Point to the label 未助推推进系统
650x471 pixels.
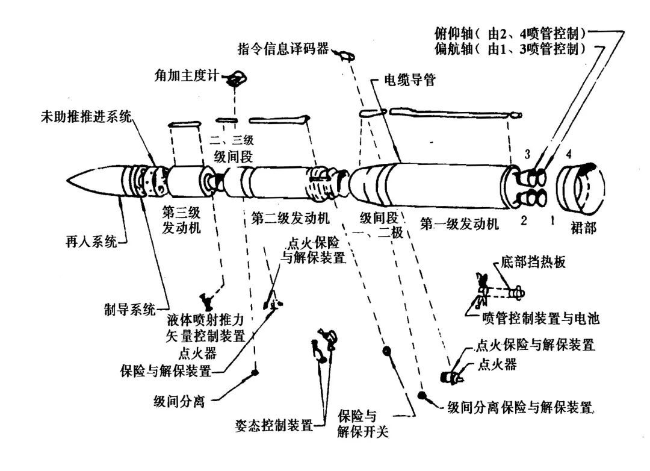[x=85, y=117]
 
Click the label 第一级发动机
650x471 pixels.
[x=459, y=225]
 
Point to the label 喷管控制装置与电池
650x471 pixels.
[x=541, y=317]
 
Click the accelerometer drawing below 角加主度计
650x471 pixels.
[x=236, y=78]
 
